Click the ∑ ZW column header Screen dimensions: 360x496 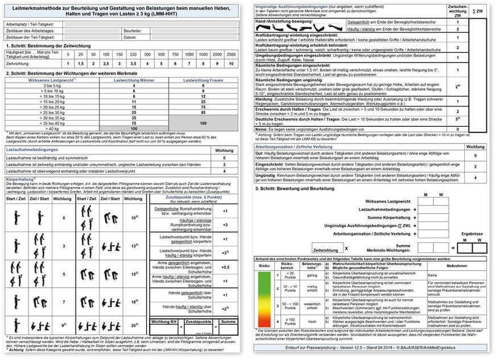coord(479,11)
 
